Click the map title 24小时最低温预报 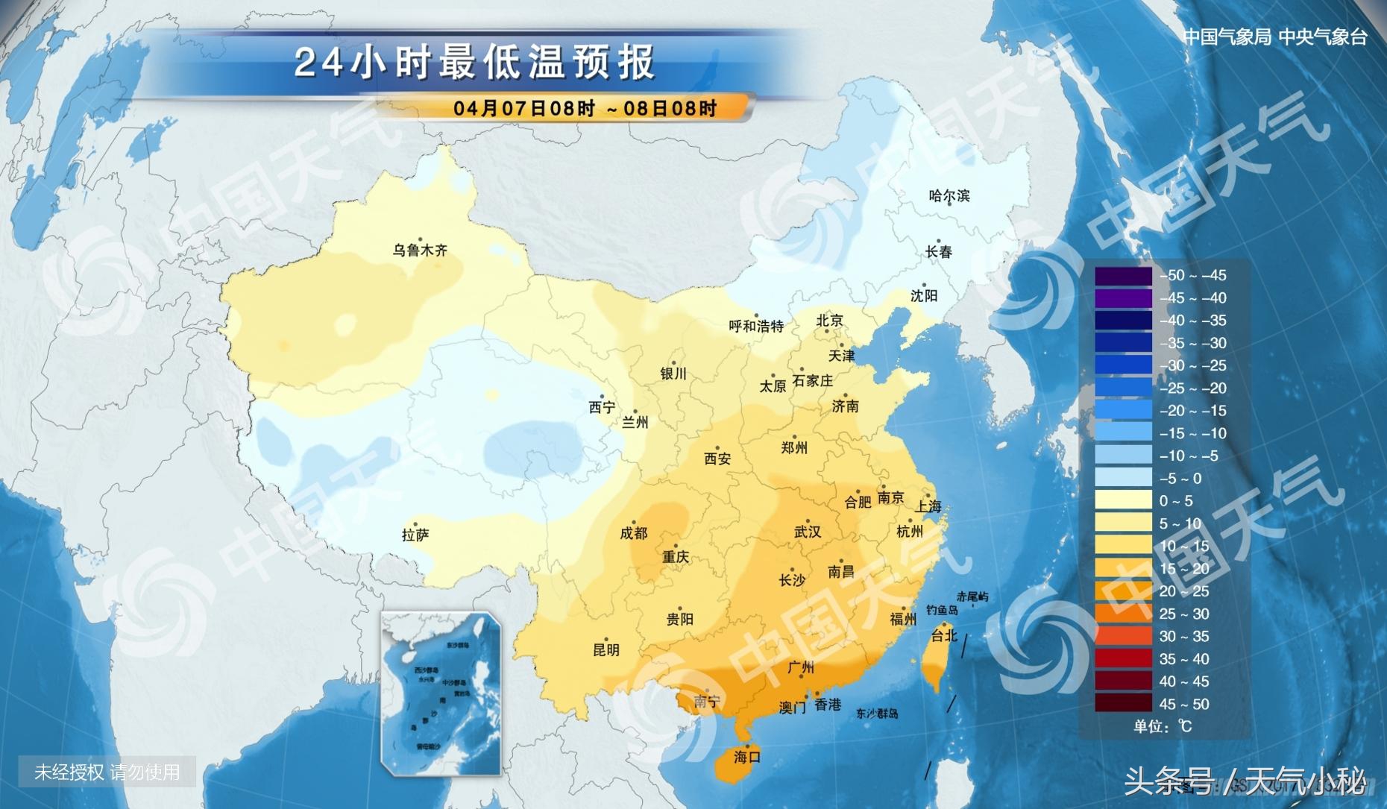pos(474,62)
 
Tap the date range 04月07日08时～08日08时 pos(585,108)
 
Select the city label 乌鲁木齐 pos(420,251)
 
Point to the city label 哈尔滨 pos(949,196)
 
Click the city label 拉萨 pos(415,535)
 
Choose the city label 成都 pos(634,533)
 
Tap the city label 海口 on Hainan pos(746,757)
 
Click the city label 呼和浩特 pos(756,326)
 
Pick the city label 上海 pos(928,506)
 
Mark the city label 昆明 pos(606,649)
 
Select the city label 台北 pos(944,635)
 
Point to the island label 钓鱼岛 pos(942,610)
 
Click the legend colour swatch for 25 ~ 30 pos(1123,614)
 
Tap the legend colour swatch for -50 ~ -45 pos(1123,275)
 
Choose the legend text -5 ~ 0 pos(1180,478)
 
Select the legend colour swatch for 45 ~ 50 pos(1123,704)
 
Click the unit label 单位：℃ pos(1163,726)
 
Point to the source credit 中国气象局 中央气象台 pos(1275,37)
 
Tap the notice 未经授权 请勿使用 pos(107,772)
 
